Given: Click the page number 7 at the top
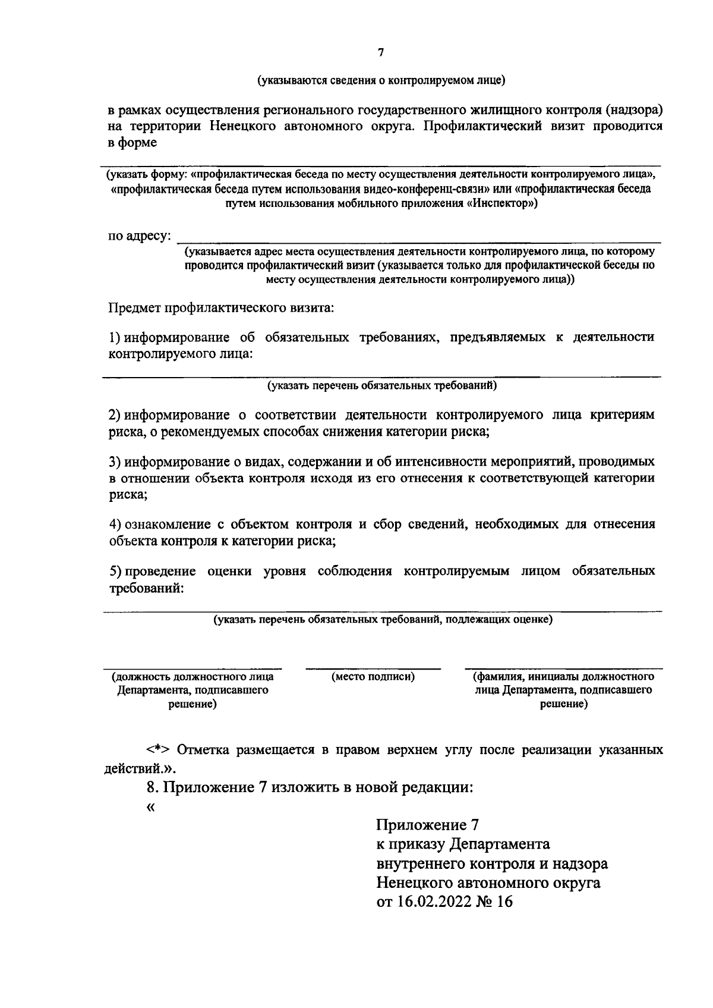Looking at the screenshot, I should click(x=381, y=53).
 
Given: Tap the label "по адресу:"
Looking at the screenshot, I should click(x=140, y=237).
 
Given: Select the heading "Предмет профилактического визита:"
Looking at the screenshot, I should click(x=221, y=308).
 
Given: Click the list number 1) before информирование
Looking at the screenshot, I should click(x=115, y=338).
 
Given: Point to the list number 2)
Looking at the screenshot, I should click(x=115, y=415).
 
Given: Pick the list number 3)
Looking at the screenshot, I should click(x=115, y=461).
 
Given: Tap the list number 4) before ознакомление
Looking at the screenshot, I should click(x=115, y=525).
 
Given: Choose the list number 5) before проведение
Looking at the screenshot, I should click(x=115, y=571).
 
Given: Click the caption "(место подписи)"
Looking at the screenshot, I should click(x=373, y=677).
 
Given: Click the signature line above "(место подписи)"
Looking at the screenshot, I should click(x=373, y=669).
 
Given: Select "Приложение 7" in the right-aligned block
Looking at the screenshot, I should click(x=427, y=825).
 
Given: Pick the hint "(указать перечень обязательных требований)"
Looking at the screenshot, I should click(x=381, y=386).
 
